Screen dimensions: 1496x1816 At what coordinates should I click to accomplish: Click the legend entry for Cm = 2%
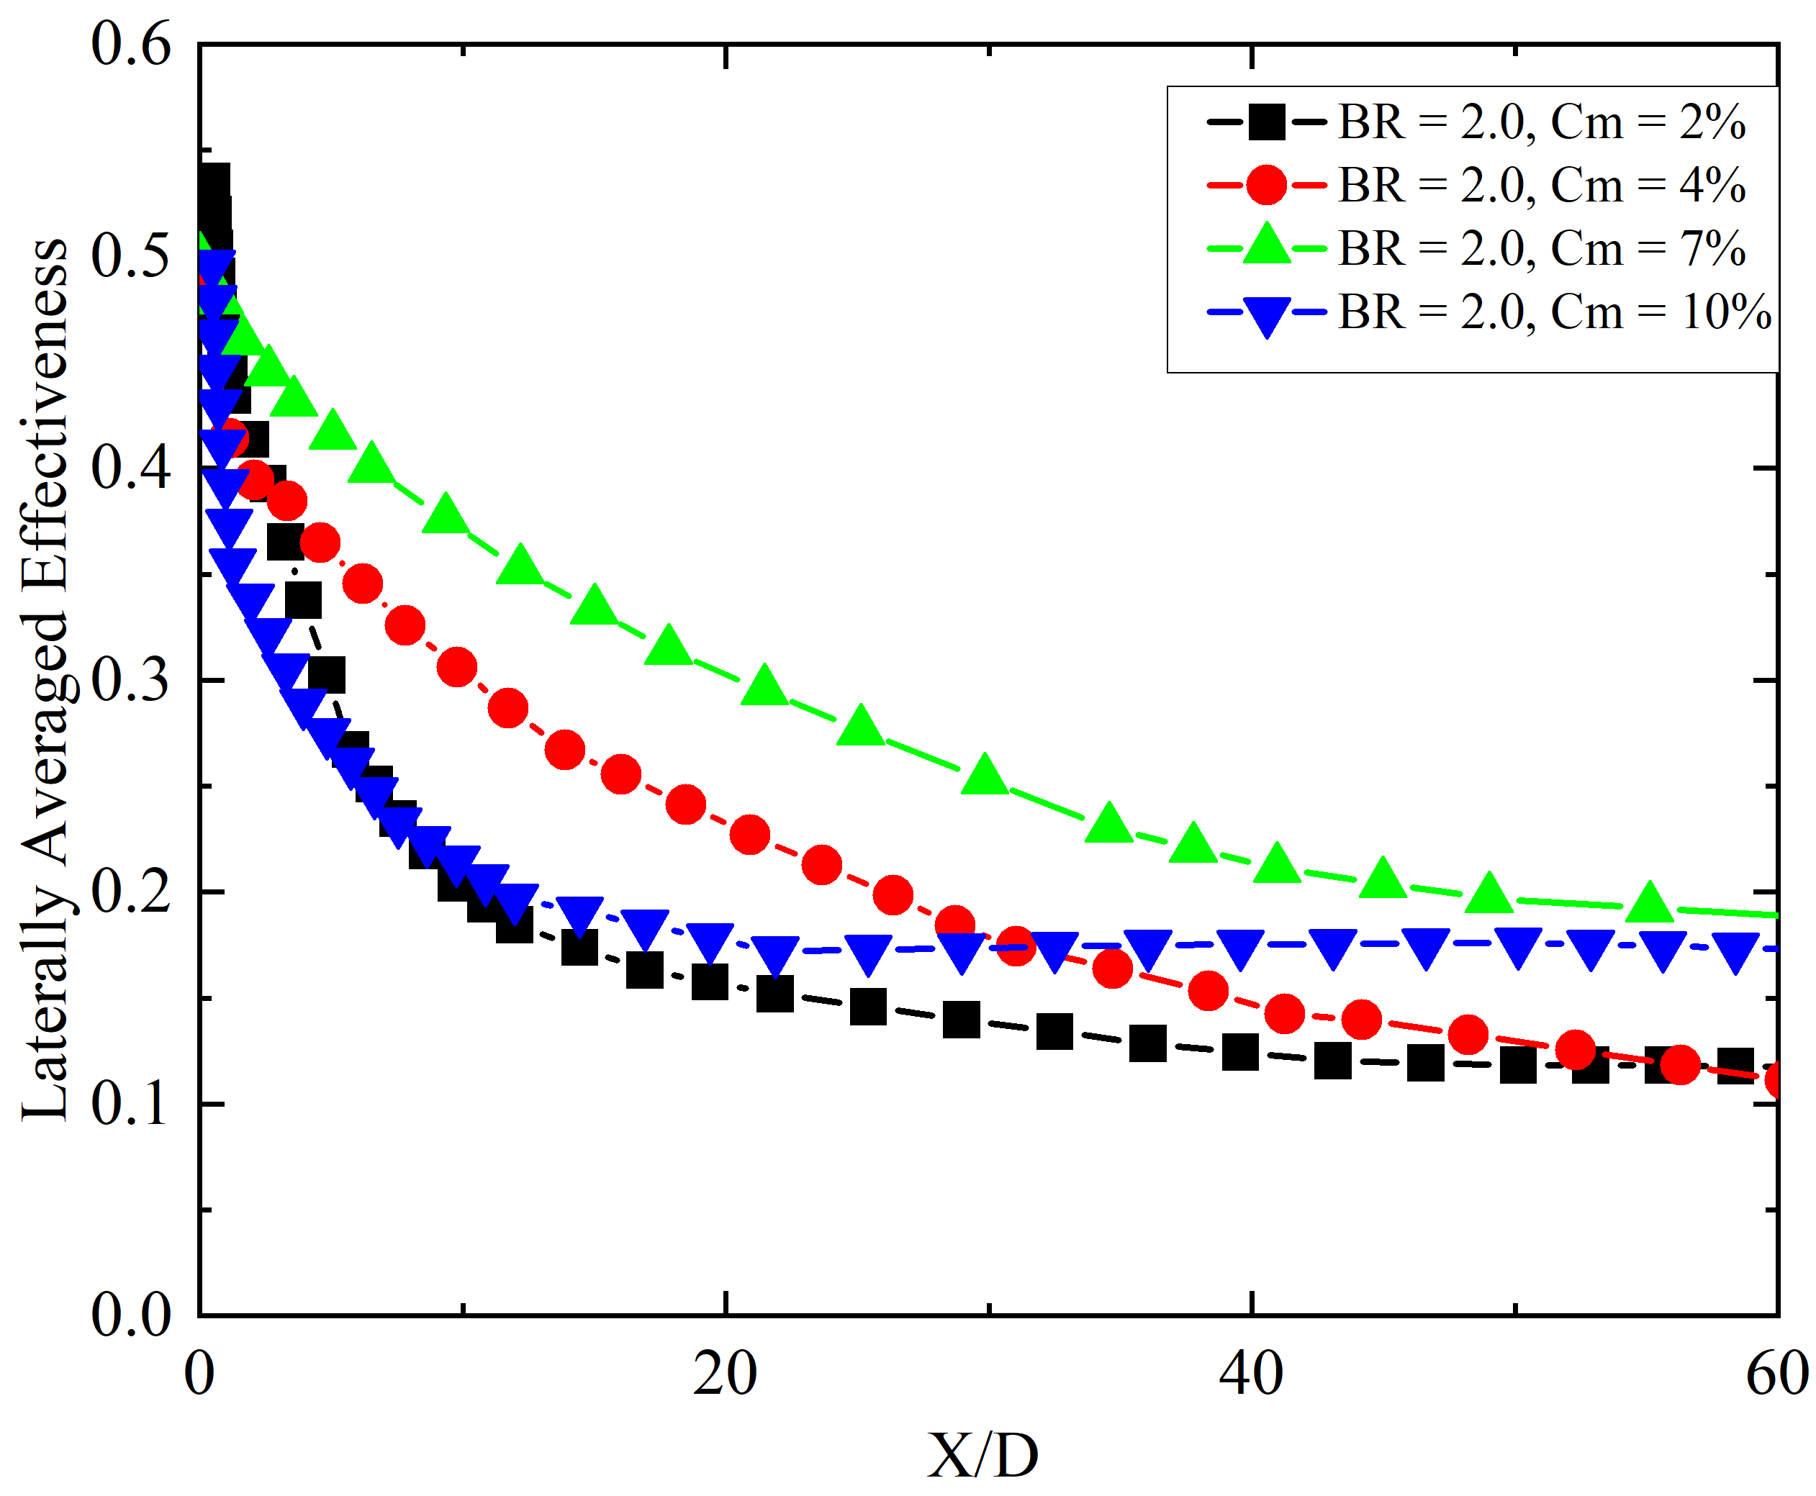[1541, 122]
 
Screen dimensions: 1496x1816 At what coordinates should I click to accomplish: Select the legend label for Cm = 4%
[1541, 184]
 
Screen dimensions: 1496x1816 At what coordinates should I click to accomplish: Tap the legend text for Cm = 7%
[1541, 248]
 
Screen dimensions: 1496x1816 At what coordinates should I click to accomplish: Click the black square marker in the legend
[1266, 122]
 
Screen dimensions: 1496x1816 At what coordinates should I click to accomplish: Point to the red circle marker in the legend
[1266, 184]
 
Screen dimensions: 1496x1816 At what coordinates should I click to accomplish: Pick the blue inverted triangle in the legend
[1266, 315]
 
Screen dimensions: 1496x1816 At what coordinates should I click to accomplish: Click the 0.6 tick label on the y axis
[132, 45]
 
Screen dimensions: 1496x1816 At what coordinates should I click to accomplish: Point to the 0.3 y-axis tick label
[132, 681]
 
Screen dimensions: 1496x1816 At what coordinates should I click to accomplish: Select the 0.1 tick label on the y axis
[132, 1104]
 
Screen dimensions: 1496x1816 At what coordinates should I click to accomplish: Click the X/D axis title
[982, 1456]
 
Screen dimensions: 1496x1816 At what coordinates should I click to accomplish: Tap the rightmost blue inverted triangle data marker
[1735, 951]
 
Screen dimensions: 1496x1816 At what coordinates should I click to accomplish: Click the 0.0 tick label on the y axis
[132, 1316]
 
